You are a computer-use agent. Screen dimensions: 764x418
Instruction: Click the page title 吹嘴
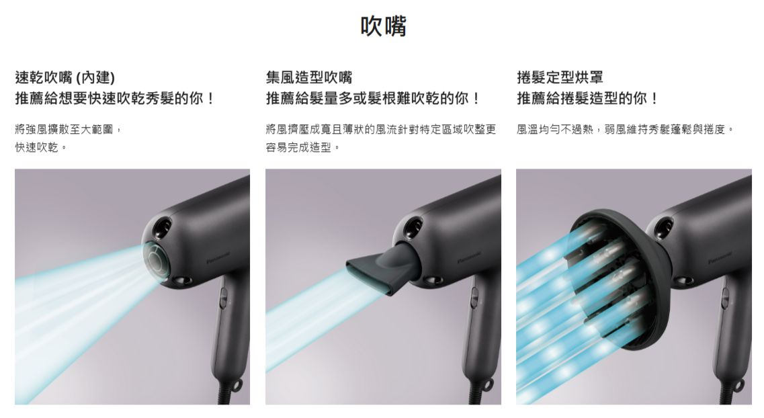click(x=383, y=26)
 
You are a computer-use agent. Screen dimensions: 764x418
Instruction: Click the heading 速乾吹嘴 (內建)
click(x=65, y=77)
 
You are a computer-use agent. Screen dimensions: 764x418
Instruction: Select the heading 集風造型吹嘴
click(x=309, y=77)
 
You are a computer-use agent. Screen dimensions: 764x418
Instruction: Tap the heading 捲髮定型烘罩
click(x=560, y=77)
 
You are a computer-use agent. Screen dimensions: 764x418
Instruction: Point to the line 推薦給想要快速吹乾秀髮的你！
click(x=115, y=98)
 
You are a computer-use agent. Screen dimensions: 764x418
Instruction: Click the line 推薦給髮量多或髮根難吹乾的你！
click(x=374, y=98)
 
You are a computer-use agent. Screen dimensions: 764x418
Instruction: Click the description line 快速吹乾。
click(x=41, y=147)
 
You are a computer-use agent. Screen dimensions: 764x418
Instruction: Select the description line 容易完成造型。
click(x=303, y=147)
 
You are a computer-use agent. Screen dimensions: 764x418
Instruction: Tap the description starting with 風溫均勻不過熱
click(x=626, y=129)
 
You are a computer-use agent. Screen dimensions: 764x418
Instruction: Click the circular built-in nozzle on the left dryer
click(x=156, y=261)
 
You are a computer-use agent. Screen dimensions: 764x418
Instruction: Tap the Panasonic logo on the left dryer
click(x=217, y=257)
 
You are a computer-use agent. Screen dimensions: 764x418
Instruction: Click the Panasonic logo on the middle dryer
click(x=468, y=257)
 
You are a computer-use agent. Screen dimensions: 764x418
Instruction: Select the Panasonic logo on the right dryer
click(x=719, y=257)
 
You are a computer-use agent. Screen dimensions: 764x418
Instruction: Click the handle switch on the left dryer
click(x=223, y=298)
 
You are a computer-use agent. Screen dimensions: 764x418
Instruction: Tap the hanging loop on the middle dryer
click(x=487, y=386)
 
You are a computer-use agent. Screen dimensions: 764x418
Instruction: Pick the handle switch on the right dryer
click(x=726, y=298)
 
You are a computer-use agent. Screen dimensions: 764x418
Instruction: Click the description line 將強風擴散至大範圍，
click(x=69, y=129)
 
